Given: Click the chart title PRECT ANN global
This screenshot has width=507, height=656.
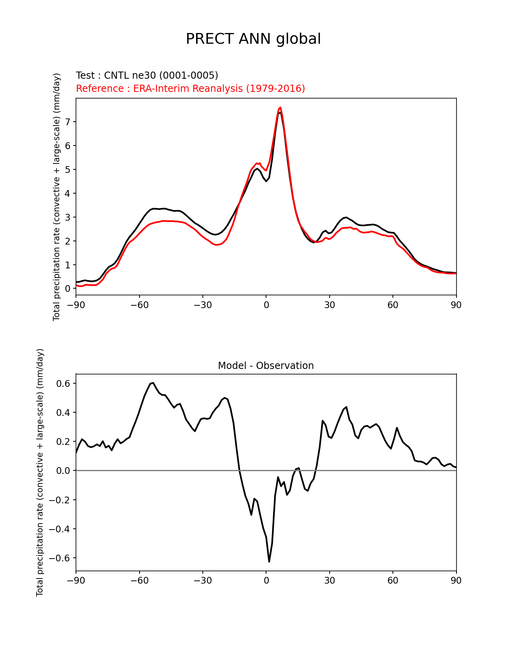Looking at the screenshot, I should coord(253,39).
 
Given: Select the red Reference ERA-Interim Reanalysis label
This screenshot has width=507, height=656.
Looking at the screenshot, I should coord(190,88).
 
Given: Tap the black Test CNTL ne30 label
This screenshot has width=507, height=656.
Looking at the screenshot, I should coord(147,76).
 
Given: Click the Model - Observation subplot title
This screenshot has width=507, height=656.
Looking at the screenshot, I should coord(266,366).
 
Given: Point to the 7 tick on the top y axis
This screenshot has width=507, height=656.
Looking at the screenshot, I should coord(68,122).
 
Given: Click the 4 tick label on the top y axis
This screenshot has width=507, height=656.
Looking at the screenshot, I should coord(68,193).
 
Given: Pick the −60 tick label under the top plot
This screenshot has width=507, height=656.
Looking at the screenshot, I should coord(139,305).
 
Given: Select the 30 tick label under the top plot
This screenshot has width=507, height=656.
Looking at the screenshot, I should coord(329,305).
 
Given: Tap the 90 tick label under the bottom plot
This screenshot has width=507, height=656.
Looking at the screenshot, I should coord(456,581).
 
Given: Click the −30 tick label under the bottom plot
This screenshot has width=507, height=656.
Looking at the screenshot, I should coord(202,581).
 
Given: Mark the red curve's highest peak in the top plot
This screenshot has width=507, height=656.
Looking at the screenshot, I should coord(280,107).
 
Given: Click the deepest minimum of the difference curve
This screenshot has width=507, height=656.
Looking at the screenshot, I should coord(269,561).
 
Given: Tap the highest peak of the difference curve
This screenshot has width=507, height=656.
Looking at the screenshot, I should coord(153,383).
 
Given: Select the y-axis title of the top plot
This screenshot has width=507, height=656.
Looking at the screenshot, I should coord(56,197).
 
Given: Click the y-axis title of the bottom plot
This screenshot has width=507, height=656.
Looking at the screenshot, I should coord(40,472).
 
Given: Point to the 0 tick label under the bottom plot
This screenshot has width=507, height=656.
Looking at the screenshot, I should coord(266,581).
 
